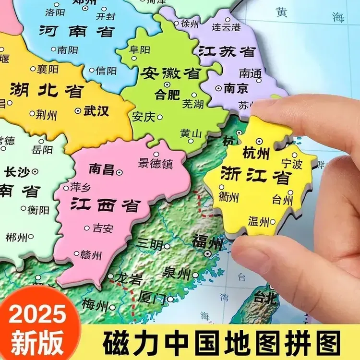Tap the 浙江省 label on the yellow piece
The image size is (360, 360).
click(x=256, y=176)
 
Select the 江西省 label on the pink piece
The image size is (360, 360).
click(x=105, y=205)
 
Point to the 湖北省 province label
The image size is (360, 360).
click(x=47, y=90)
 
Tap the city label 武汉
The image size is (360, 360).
click(x=96, y=111)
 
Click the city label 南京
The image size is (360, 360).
click(x=236, y=88)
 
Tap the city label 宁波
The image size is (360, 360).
click(x=292, y=164)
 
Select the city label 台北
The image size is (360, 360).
click(x=265, y=298)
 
